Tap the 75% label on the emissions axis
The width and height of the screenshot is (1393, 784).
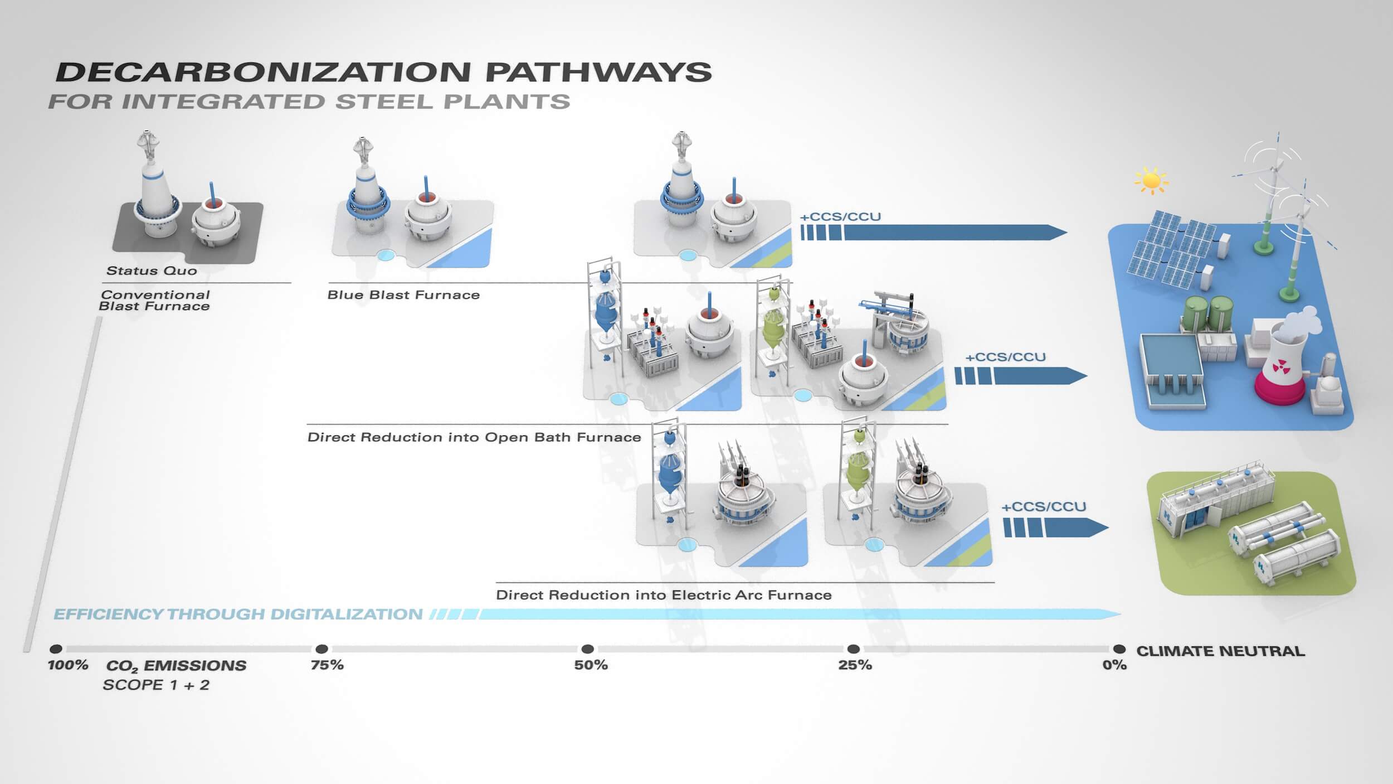click(327, 665)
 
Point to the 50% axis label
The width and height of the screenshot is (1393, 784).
click(591, 665)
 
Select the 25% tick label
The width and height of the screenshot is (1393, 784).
click(855, 665)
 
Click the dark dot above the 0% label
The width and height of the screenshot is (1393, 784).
click(1119, 649)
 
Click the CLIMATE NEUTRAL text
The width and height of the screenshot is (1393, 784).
click(1220, 651)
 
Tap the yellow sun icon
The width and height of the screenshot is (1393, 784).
click(1151, 181)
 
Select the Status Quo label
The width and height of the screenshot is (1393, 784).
click(152, 271)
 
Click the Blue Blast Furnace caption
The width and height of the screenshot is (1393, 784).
click(403, 295)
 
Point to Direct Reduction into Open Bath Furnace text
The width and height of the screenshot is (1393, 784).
click(474, 437)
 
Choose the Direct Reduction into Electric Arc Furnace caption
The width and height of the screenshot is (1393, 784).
click(664, 595)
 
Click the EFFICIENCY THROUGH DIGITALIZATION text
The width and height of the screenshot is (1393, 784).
click(238, 614)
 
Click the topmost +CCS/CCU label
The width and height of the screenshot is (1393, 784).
click(841, 217)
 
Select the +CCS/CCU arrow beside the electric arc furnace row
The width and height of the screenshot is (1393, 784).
click(1056, 528)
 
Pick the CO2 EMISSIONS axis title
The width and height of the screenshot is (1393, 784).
click(176, 666)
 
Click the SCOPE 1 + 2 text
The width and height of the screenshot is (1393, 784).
click(156, 685)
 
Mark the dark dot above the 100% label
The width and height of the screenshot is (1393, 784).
click(56, 649)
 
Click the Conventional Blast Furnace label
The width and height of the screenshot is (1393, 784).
click(155, 301)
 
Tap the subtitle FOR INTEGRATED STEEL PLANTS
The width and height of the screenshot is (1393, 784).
click(309, 102)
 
